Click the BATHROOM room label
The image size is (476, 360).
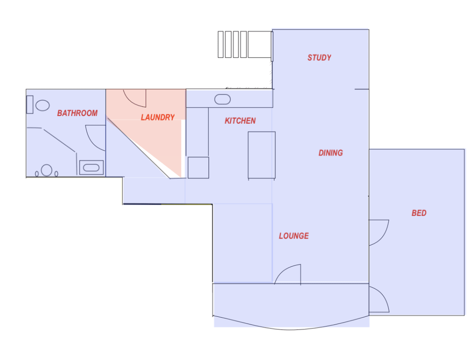77,113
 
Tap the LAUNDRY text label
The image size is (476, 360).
157,117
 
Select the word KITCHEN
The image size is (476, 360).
240,121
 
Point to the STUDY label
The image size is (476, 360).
319,58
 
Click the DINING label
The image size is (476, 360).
331,153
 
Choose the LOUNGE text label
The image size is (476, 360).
294,236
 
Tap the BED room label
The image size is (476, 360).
419,213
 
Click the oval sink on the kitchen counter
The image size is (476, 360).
222,99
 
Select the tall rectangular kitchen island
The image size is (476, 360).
261,155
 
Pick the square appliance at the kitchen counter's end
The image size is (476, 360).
198,167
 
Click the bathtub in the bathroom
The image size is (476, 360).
91,168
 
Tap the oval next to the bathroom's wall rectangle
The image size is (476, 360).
43,106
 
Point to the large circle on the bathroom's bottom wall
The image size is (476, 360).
47,171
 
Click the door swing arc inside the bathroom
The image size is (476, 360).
94,137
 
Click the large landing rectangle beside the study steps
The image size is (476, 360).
259,44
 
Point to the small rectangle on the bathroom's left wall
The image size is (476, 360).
30,104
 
